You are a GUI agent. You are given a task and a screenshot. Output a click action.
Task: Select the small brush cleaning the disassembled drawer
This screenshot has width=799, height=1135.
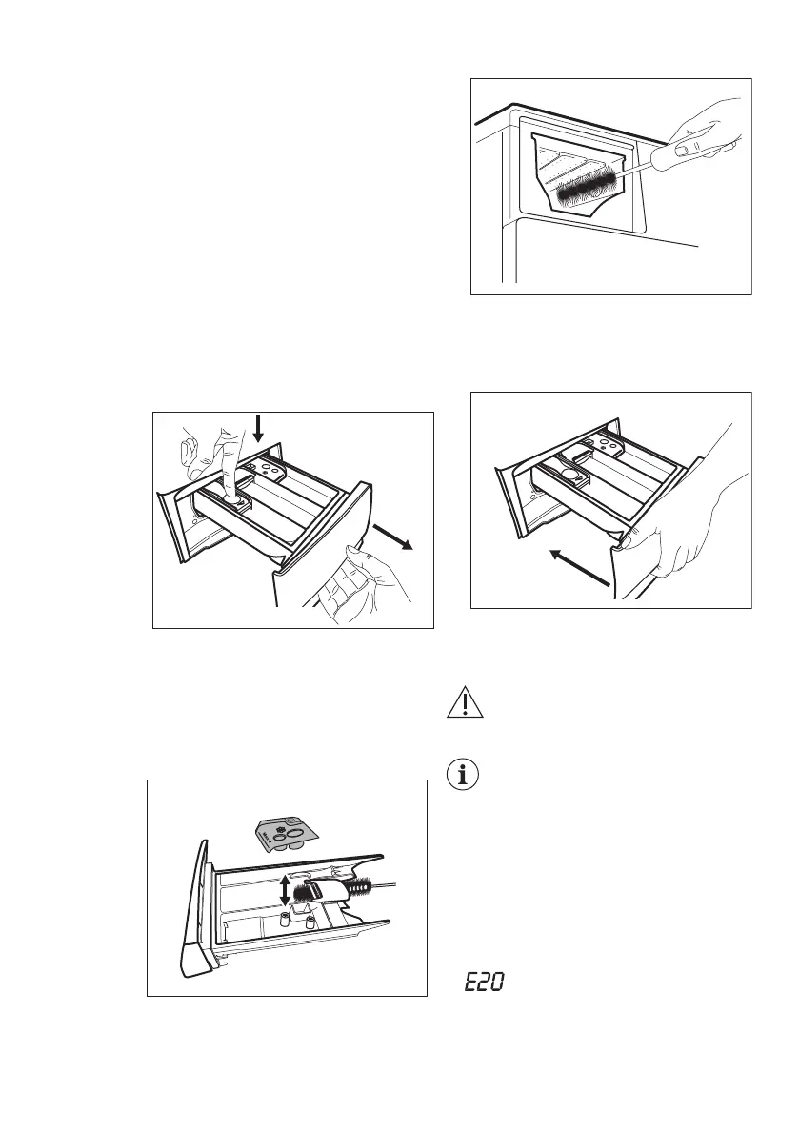[x=333, y=891]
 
